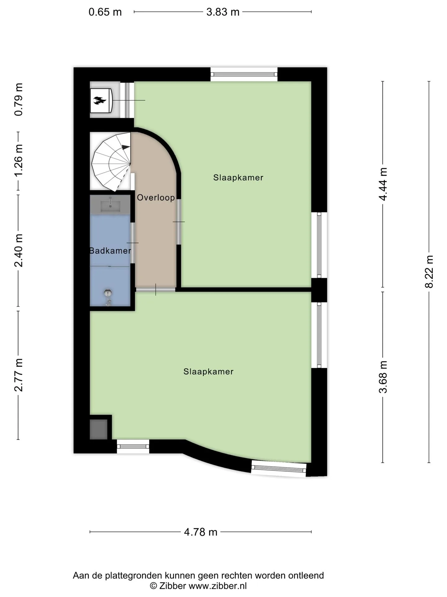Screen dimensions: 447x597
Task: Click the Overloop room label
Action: [x=156, y=198]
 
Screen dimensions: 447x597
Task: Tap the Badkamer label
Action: [x=110, y=251]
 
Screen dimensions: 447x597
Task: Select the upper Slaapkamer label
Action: [x=238, y=178]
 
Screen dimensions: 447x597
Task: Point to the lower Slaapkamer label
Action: [x=208, y=372]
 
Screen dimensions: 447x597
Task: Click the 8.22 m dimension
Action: [x=429, y=272]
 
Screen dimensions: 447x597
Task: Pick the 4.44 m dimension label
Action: [x=383, y=184]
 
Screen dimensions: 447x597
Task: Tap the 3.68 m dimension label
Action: [x=383, y=377]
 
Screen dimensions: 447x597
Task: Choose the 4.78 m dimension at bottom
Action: [x=201, y=532]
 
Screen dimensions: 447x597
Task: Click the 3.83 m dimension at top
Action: [x=223, y=12]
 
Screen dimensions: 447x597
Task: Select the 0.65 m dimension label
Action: [x=105, y=12]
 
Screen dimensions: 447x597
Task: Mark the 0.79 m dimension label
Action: [x=19, y=99]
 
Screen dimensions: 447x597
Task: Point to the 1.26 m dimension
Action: [x=19, y=161]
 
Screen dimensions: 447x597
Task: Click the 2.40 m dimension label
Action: [x=19, y=251]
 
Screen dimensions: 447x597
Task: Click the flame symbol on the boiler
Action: [x=100, y=100]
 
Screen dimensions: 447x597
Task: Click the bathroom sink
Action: [x=110, y=204]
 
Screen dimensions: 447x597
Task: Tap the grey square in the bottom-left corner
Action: [x=99, y=429]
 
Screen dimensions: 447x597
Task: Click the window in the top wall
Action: [x=244, y=74]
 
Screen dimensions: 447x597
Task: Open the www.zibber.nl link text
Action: [x=218, y=586]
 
